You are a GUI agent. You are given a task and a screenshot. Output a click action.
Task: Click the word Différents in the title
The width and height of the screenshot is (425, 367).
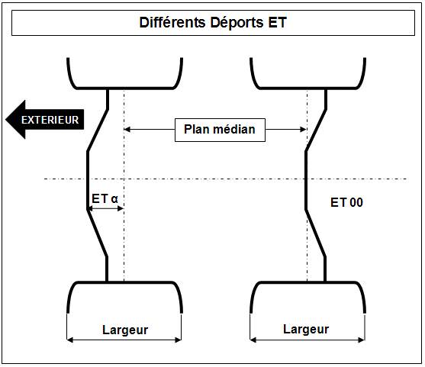(172, 22)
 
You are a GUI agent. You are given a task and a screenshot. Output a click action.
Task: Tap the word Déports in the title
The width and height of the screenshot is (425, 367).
(237, 22)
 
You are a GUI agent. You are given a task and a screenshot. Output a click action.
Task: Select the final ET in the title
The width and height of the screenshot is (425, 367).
(277, 22)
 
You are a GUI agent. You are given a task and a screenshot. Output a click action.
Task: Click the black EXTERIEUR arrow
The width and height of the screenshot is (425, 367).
(45, 120)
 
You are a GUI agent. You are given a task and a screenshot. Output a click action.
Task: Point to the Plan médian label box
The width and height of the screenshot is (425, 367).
(220, 130)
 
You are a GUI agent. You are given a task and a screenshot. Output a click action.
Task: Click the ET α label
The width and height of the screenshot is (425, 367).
(105, 198)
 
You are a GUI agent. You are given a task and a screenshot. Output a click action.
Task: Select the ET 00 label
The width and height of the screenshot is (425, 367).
(346, 202)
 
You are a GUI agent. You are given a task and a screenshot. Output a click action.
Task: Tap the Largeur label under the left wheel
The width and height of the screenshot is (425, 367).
(125, 330)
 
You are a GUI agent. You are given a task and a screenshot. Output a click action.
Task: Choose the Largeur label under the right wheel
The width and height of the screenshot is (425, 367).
(306, 330)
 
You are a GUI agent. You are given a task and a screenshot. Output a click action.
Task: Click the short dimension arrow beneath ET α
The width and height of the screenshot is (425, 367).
(106, 208)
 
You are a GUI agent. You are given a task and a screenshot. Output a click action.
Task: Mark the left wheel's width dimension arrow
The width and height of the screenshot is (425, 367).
(124, 340)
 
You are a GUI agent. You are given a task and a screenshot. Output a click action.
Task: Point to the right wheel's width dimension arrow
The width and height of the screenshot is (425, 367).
(307, 340)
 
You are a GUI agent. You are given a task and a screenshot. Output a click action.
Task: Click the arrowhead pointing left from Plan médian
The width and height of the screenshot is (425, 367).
(127, 129)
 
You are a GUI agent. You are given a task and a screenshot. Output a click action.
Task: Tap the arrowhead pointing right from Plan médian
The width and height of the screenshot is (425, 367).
(304, 129)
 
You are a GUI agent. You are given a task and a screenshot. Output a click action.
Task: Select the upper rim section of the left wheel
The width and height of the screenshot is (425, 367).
(124, 88)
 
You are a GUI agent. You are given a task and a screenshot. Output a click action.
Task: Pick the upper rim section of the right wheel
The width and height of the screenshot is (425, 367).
(308, 88)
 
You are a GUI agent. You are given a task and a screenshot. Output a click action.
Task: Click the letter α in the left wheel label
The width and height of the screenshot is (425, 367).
(114, 199)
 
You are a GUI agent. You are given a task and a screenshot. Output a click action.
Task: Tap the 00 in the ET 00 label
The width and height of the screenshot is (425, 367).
(356, 202)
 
